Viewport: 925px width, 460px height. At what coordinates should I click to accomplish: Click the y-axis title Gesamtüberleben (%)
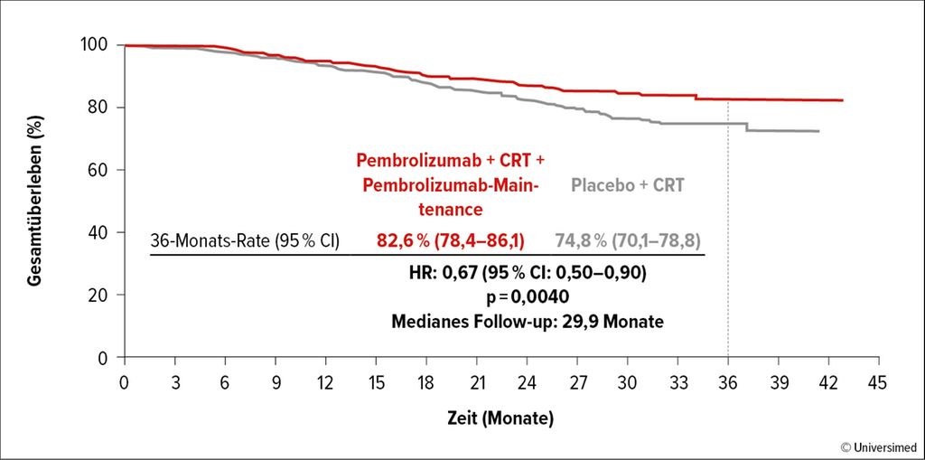click(34, 201)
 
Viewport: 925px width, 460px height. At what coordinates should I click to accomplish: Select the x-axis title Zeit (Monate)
click(500, 419)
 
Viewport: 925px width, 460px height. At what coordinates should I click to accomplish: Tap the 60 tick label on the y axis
click(103, 170)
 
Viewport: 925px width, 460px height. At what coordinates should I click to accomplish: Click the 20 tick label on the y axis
click(103, 296)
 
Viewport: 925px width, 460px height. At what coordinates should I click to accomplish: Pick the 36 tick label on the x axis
click(728, 383)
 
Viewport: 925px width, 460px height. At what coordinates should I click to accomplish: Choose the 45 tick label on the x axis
click(878, 383)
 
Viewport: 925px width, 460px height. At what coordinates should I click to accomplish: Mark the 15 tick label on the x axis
click(376, 383)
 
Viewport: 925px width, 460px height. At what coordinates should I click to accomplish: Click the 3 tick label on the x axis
click(175, 383)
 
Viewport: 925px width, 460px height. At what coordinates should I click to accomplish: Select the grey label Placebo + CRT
click(628, 186)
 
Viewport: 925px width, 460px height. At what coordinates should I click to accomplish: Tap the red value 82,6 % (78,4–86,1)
click(451, 241)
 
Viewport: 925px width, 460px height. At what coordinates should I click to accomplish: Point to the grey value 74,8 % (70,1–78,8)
click(629, 241)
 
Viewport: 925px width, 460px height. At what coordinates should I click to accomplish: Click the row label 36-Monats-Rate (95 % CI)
click(245, 241)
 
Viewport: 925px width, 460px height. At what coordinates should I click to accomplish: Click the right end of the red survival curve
click(843, 100)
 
